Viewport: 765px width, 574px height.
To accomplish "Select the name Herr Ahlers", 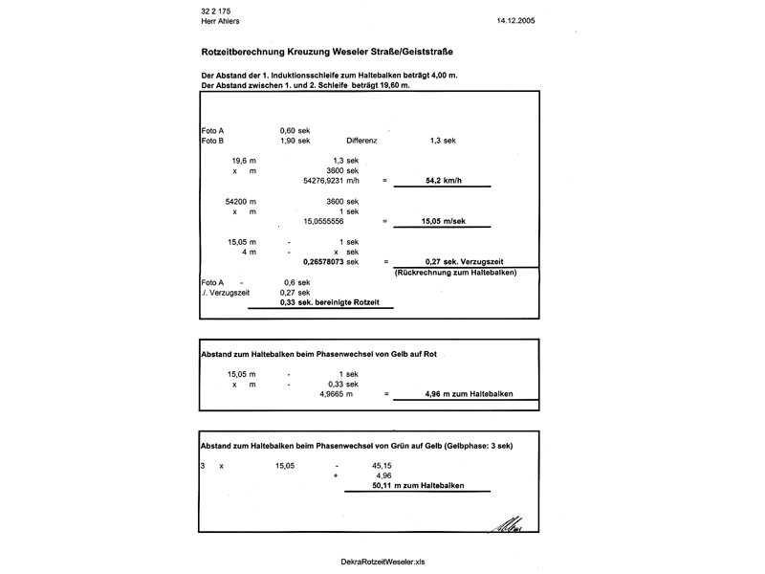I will coord(220,18).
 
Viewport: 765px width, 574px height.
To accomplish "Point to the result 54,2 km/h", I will coord(443,180).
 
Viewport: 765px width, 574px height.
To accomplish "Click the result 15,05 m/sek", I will coord(443,220).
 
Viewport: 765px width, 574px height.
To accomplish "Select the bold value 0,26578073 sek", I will coord(330,260).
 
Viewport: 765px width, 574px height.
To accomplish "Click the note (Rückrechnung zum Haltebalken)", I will coord(455,274).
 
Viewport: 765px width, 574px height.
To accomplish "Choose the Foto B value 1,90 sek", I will coord(295,140).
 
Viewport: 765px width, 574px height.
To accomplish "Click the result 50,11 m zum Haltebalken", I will coord(416,486).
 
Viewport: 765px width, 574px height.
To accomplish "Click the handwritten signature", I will coord(507,523).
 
